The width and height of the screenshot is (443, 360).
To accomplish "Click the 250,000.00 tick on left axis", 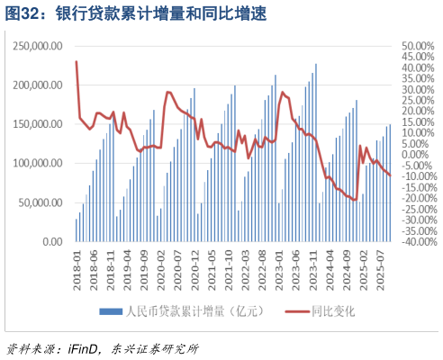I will point(39,45).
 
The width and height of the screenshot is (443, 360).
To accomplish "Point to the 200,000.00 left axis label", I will point(39,85).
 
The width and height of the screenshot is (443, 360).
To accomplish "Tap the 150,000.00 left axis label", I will point(39,124).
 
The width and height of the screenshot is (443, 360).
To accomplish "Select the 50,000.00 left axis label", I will point(41,202).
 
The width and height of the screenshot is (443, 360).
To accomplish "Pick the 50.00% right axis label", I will point(418,46).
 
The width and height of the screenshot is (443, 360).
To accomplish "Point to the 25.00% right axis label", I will point(418,100).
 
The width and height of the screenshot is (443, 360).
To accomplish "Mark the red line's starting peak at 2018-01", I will point(77,61).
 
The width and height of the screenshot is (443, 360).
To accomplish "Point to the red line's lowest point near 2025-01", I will point(357,200).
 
